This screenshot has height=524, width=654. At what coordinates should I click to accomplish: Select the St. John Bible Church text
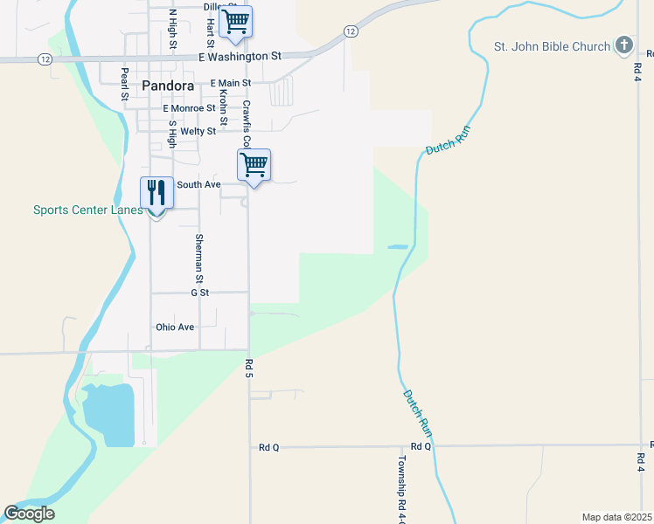[552, 46]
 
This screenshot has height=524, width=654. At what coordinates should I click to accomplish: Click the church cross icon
[623, 45]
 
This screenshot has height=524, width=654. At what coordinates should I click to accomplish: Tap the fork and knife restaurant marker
[157, 194]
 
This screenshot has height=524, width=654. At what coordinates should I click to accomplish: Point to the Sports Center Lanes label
[87, 210]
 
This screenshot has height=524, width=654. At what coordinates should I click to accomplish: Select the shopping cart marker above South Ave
[254, 163]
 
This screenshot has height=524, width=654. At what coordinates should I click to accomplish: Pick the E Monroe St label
[190, 108]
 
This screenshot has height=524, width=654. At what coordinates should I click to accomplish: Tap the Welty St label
[198, 131]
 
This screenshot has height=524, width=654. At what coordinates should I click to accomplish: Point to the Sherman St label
[199, 259]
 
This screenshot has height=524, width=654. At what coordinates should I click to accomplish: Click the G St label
[199, 293]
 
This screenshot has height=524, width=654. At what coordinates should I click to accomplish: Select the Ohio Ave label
[175, 327]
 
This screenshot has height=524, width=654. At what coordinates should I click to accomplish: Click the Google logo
[29, 514]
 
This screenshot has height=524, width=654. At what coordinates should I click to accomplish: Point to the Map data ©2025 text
[616, 517]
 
